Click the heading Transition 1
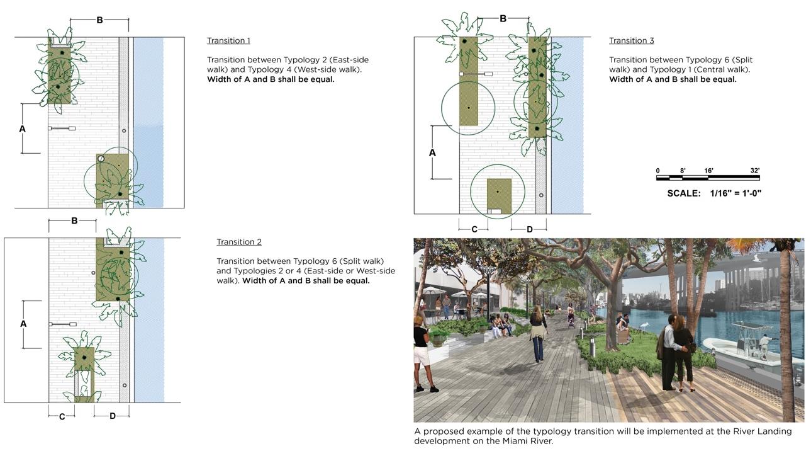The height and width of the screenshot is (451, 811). pyautogui.click(x=228, y=40)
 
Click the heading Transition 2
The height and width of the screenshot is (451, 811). pyautogui.click(x=238, y=242)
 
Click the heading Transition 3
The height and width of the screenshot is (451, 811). pyautogui.click(x=631, y=40)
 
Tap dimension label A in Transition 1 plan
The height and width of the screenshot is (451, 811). pyautogui.click(x=23, y=129)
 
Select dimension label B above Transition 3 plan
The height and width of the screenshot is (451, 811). pyautogui.click(x=503, y=19)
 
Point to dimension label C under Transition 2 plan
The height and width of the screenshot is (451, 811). pyautogui.click(x=62, y=416)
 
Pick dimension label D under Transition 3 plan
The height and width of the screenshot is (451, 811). pyautogui.click(x=529, y=229)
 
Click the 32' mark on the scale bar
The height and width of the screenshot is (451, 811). pyautogui.click(x=754, y=171)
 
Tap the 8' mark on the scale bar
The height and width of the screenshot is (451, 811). pyautogui.click(x=683, y=171)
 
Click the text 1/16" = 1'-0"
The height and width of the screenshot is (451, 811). pyautogui.click(x=735, y=193)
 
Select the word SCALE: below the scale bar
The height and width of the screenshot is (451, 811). pyautogui.click(x=683, y=193)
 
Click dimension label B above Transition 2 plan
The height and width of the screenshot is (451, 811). pyautogui.click(x=74, y=221)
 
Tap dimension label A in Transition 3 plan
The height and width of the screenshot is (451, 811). pyautogui.click(x=432, y=152)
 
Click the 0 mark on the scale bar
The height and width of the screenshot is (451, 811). pyautogui.click(x=657, y=171)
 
